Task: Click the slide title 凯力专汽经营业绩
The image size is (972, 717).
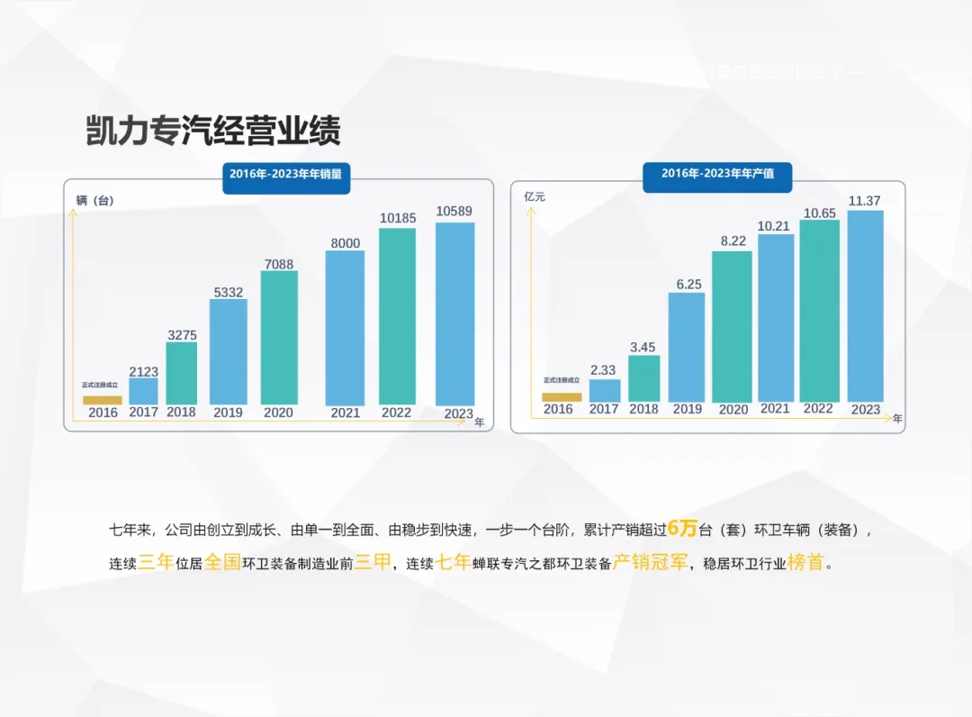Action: point(212,132)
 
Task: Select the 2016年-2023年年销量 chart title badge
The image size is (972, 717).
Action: point(285,174)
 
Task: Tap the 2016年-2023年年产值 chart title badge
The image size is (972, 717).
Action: point(717,173)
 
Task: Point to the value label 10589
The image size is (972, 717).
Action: point(454,211)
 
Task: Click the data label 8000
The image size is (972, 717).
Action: point(344,243)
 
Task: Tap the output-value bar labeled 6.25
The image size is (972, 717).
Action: point(687,347)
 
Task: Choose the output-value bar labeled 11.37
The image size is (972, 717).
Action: point(865,305)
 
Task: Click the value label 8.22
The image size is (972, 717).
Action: point(732,241)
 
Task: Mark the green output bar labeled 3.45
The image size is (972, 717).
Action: point(643,377)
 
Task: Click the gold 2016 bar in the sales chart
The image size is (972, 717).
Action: point(103,400)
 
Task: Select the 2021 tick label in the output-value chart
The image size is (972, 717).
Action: point(775,409)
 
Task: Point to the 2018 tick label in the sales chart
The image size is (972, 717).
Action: point(181,413)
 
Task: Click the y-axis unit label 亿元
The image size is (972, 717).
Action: point(535,196)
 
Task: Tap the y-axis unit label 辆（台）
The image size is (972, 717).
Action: point(95,201)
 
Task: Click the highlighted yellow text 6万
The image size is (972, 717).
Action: point(683,528)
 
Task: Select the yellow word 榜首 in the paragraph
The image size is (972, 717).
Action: point(805,564)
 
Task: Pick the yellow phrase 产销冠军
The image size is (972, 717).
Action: point(651,564)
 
